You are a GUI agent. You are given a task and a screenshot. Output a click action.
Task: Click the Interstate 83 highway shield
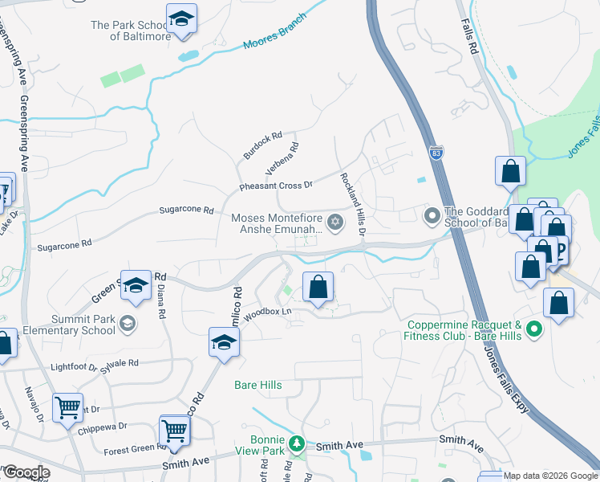pos(436,153)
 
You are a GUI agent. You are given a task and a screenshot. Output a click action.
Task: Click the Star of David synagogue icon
pos(335,223)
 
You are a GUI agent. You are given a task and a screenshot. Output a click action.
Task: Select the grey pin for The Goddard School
pos(432,215)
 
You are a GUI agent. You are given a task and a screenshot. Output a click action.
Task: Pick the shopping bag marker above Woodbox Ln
pos(318,287)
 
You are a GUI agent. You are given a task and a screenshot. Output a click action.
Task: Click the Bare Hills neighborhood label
pos(257,385)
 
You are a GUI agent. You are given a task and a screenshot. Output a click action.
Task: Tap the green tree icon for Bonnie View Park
pos(296,443)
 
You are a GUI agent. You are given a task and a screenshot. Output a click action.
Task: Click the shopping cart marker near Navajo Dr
pos(68,406)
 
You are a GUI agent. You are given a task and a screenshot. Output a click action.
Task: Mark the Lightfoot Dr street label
pos(73,366)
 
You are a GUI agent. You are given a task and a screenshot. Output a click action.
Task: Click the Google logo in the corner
pos(26,472)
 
